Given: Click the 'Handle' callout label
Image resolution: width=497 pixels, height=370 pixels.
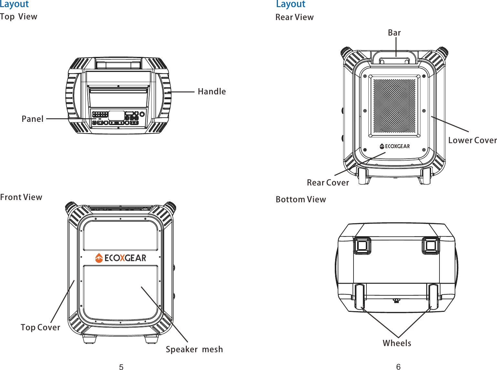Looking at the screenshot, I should click(x=212, y=91).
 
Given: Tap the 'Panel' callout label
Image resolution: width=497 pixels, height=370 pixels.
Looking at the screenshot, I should click(x=32, y=119).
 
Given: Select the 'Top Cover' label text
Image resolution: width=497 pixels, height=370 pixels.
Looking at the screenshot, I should click(x=40, y=327).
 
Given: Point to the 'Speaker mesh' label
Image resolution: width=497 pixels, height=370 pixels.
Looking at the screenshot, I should click(x=194, y=349).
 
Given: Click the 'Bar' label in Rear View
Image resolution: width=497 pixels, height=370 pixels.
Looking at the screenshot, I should click(x=394, y=33).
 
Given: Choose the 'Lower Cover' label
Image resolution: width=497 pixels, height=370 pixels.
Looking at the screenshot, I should click(x=472, y=140).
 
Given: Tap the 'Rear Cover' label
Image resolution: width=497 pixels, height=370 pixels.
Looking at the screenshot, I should click(x=328, y=183).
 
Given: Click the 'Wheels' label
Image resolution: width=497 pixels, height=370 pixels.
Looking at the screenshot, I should click(x=397, y=343).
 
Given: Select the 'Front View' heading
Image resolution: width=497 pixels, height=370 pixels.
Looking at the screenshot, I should click(x=21, y=197).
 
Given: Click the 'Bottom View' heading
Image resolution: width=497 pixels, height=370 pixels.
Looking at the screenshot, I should click(x=301, y=199).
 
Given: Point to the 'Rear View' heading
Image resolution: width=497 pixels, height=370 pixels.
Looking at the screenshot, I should click(x=294, y=17).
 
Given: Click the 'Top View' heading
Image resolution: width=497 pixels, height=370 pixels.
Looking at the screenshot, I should click(x=19, y=16).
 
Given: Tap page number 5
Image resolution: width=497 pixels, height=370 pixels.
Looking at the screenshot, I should click(x=121, y=367).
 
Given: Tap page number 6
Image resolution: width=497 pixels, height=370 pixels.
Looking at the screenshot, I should click(x=398, y=366).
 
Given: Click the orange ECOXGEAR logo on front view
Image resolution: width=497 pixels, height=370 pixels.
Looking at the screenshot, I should click(x=121, y=258).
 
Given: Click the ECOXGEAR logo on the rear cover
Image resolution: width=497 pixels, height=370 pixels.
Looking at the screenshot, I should click(x=395, y=146).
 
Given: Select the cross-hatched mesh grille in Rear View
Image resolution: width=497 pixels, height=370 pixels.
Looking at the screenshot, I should click(x=394, y=106).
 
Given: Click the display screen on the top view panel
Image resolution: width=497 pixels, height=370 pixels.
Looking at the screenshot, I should click(x=116, y=115).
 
